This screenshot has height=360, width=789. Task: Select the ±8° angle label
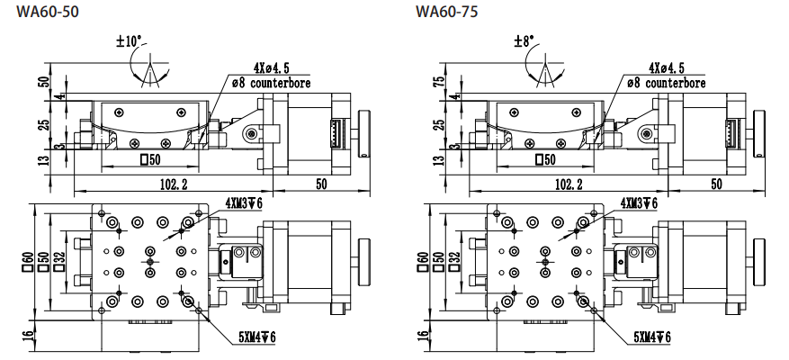[x=524, y=41]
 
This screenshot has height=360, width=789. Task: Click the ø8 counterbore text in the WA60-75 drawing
[x=667, y=83]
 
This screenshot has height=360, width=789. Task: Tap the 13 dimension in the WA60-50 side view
[x=43, y=160]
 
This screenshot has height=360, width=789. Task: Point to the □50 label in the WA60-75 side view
[x=544, y=160]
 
